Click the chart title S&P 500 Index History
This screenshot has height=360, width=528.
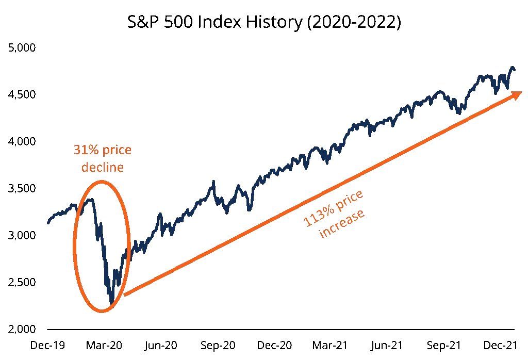[x=264, y=23]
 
